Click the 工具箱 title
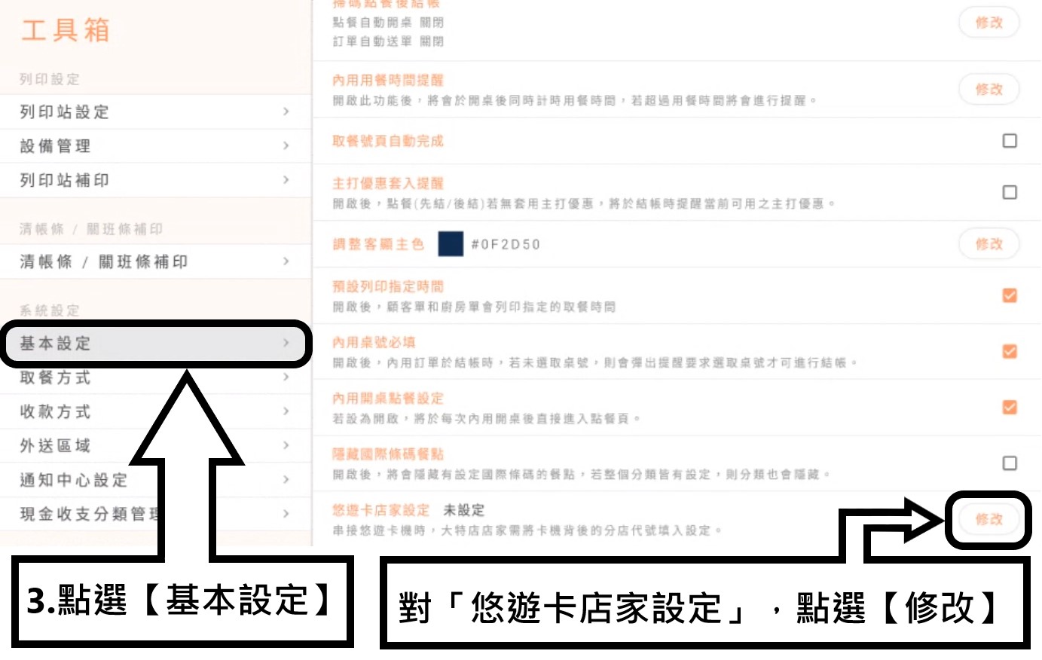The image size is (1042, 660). (66, 30)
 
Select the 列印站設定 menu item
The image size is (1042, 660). (65, 112)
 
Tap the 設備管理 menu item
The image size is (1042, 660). (56, 146)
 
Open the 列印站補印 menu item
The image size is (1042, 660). (65, 180)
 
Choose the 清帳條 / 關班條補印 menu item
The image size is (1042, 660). (104, 261)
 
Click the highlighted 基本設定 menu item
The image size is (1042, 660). (56, 344)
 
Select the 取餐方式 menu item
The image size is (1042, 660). (56, 377)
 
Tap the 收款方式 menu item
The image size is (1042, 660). (56, 411)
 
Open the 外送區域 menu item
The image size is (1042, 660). (56, 445)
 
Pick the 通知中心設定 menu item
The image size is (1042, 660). (74, 480)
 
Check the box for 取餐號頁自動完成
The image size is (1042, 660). (1010, 141)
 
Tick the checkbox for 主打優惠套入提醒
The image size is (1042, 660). (1010, 192)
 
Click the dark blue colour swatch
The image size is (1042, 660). (451, 244)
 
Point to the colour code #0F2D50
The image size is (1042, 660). (506, 244)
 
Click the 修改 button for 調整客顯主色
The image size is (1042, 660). (989, 244)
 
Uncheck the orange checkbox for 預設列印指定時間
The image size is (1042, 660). (1010, 295)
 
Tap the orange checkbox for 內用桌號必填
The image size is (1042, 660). (1010, 351)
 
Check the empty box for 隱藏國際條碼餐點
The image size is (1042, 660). (1010, 463)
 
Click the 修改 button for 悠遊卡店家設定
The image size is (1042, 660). (989, 519)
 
